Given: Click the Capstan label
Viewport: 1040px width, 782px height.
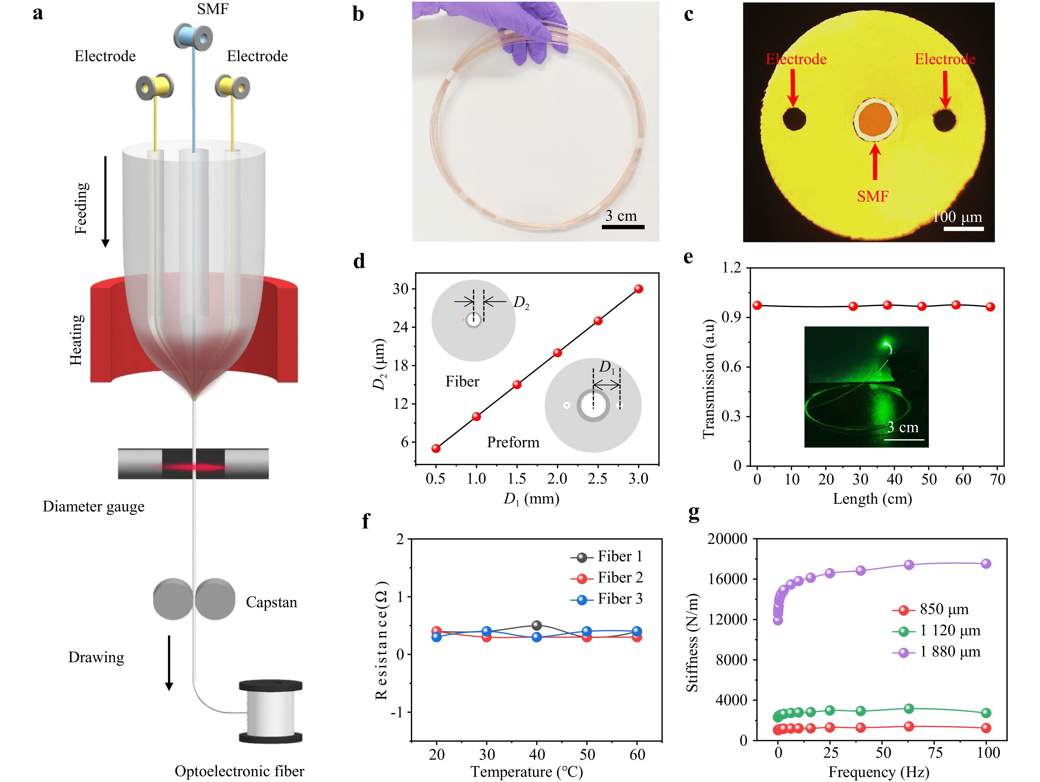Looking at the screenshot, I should (x=271, y=602).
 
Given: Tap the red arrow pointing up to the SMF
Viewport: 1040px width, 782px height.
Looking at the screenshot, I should (x=874, y=162).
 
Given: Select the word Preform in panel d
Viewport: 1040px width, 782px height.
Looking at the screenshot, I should (x=513, y=443).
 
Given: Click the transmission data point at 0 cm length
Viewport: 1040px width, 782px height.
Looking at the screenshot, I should (x=757, y=305).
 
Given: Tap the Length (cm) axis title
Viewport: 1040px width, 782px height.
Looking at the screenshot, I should (x=872, y=499).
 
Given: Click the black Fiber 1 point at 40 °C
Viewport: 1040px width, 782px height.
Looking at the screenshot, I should (x=537, y=625).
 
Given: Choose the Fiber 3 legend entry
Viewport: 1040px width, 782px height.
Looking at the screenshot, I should (x=606, y=599).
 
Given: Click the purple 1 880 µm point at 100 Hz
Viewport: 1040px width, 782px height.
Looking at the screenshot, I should (x=986, y=563).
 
